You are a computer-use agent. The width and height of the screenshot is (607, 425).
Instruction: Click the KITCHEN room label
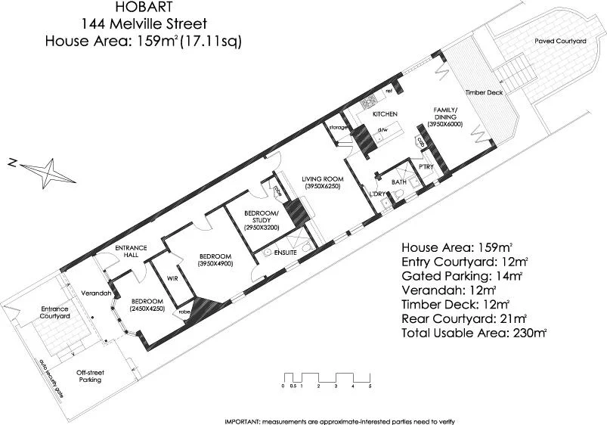[385, 113]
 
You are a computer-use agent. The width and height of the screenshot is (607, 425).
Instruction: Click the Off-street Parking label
[90, 376]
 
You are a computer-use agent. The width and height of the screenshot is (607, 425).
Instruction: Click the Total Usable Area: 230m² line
[474, 332]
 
